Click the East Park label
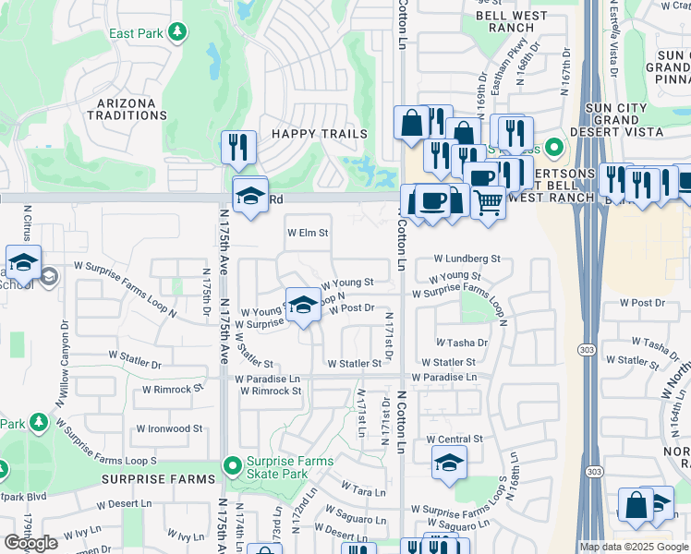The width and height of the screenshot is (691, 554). pos(136,34)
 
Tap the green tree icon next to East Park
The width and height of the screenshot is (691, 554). pos(176,33)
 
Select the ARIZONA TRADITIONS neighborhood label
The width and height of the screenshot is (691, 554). pos(127,108)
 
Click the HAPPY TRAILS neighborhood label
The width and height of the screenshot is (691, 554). pos(319,134)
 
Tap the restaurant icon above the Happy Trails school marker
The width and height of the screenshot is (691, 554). pos(238,148)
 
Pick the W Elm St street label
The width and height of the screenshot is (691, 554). pos(308,234)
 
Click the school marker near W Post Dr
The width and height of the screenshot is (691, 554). pos(302,306)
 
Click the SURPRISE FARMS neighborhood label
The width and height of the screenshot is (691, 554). pos(158,479)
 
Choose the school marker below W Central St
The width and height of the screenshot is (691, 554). pos(449,463)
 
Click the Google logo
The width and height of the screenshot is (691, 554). pos(30,543)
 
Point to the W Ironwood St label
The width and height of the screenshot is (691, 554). pos(169,428)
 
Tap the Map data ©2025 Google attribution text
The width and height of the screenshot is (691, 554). pos(634,547)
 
